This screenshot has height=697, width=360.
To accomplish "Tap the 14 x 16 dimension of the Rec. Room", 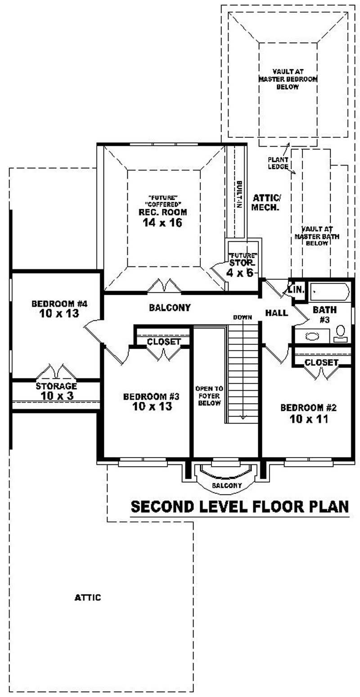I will coord(162,223).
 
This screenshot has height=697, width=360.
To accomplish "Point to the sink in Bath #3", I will coord(311,336).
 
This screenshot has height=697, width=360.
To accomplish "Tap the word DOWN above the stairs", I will coord(242,317).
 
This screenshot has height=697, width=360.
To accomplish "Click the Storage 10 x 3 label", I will coord(56,391).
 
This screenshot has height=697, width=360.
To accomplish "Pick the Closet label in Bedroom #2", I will coord(321,362).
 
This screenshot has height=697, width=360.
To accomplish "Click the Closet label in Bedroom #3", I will coord(164,342).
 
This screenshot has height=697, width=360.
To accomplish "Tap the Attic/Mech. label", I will coord(266,202).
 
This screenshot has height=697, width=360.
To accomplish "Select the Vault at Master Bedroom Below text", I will coord(288,79).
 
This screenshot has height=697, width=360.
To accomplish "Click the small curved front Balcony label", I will coord(227,486).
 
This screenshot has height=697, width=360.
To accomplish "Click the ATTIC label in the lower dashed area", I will coord(87,598).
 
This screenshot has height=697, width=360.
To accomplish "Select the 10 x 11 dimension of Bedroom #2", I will coord(308,419).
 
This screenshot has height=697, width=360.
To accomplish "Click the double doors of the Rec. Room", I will coord(164,286).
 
